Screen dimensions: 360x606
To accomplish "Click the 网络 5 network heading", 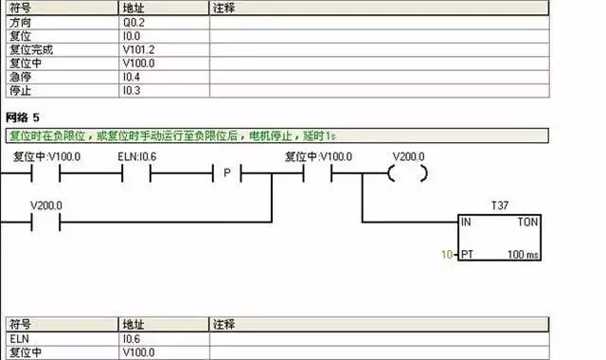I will click(23, 117).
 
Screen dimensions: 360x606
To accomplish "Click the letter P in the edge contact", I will click(227, 174).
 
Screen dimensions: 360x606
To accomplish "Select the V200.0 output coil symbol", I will click(408, 173).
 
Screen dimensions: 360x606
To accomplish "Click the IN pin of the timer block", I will click(466, 222).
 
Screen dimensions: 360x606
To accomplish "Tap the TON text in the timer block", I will click(528, 222).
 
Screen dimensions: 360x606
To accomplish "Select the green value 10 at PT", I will click(448, 255).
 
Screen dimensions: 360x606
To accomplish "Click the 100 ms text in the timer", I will click(523, 255).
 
